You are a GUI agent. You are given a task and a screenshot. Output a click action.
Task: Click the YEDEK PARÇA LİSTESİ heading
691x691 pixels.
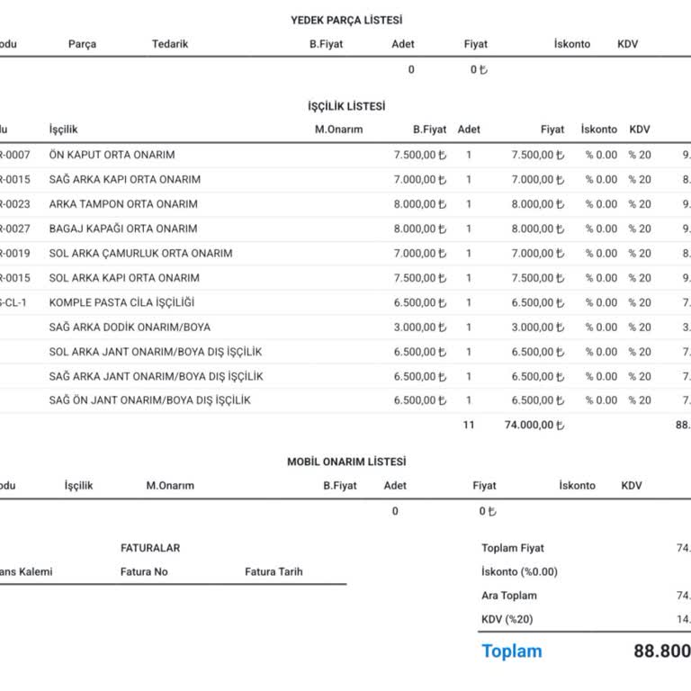(x=346, y=20)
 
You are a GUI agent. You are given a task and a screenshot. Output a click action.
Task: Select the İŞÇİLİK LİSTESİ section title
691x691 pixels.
(x=346, y=106)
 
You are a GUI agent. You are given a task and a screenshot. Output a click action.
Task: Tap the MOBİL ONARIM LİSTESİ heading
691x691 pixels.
(x=346, y=462)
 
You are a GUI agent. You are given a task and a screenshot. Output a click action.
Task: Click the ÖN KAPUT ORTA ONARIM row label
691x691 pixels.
(x=112, y=155)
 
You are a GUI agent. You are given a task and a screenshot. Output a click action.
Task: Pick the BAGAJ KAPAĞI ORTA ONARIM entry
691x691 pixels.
(x=123, y=229)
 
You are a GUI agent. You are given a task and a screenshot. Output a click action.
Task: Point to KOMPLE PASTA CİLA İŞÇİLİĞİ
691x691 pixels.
(x=121, y=302)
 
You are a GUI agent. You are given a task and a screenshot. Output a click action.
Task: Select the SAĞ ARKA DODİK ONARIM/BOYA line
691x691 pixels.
(x=130, y=327)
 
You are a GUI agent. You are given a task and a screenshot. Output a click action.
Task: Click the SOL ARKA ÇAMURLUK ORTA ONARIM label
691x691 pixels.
(x=140, y=253)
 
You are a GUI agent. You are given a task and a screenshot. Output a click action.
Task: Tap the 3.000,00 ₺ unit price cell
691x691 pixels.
(x=419, y=327)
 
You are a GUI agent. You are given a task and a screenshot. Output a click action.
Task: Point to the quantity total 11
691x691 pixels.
(x=468, y=425)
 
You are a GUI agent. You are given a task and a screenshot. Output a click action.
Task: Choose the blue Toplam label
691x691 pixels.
(x=512, y=651)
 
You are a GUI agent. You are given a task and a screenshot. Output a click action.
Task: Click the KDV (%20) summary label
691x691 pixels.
(x=507, y=619)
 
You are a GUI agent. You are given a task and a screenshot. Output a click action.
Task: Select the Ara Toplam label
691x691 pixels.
(x=509, y=595)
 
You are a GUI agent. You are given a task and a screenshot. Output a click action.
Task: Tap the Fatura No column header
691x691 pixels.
(x=144, y=571)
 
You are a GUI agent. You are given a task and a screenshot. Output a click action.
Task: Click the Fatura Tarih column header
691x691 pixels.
(x=274, y=571)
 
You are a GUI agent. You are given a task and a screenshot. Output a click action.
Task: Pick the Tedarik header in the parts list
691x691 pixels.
(x=170, y=44)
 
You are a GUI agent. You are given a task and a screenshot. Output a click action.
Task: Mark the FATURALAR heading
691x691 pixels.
(x=150, y=548)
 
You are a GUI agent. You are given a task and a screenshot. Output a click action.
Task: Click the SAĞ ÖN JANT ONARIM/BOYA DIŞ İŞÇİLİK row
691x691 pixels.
(x=149, y=400)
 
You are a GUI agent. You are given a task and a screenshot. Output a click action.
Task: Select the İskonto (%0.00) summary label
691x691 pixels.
(x=519, y=571)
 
